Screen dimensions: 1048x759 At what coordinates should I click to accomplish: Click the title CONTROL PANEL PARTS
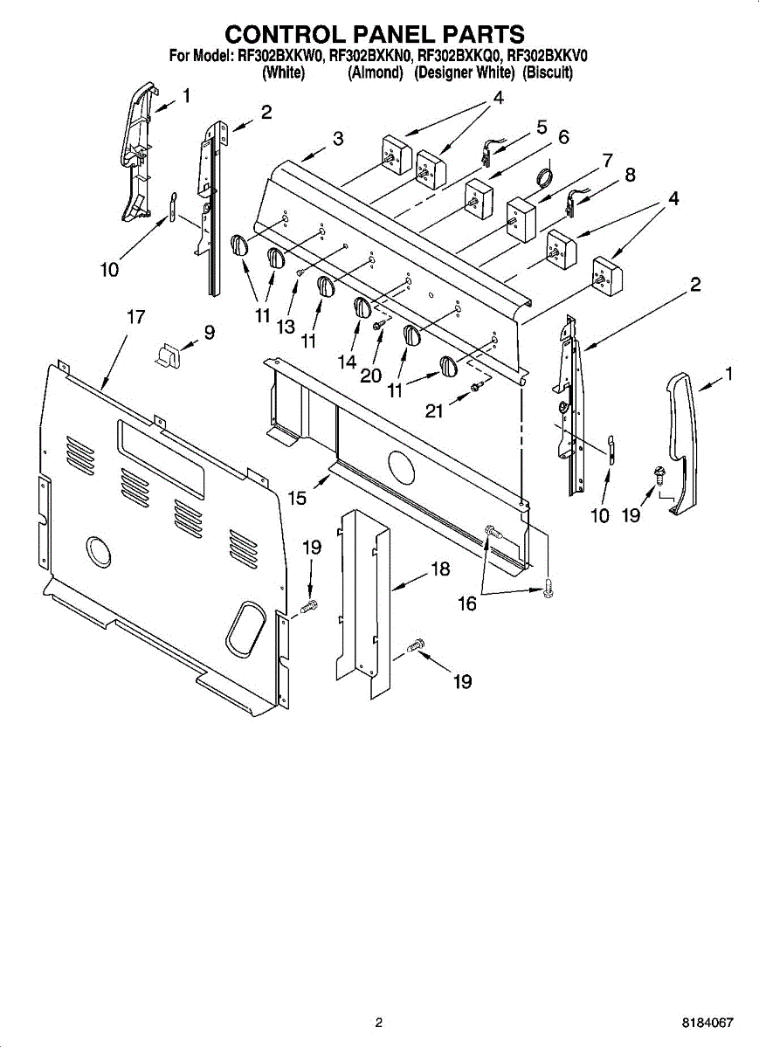pyautogui.click(x=376, y=34)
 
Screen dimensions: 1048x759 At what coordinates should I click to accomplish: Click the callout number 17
pyautogui.click(x=135, y=317)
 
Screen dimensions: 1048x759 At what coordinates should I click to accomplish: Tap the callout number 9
pyautogui.click(x=209, y=332)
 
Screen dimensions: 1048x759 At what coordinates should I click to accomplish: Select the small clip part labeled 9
pyautogui.click(x=167, y=354)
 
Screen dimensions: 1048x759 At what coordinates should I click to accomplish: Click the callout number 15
pyautogui.click(x=298, y=498)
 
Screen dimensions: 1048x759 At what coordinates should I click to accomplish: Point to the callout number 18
pyautogui.click(x=440, y=569)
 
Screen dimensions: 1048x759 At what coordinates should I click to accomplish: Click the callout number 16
pyautogui.click(x=467, y=603)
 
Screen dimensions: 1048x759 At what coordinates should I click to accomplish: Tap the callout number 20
pyautogui.click(x=370, y=376)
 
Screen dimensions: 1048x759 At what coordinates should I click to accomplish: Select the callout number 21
pyautogui.click(x=434, y=410)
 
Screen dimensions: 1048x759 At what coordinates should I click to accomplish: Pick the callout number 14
pyautogui.click(x=348, y=360)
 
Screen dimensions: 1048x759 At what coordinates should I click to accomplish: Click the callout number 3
pyautogui.click(x=337, y=138)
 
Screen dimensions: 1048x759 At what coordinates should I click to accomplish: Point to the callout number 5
pyautogui.click(x=542, y=128)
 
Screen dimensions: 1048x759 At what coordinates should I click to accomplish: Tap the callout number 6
pyautogui.click(x=563, y=137)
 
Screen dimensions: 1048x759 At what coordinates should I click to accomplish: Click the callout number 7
pyautogui.click(x=606, y=161)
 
